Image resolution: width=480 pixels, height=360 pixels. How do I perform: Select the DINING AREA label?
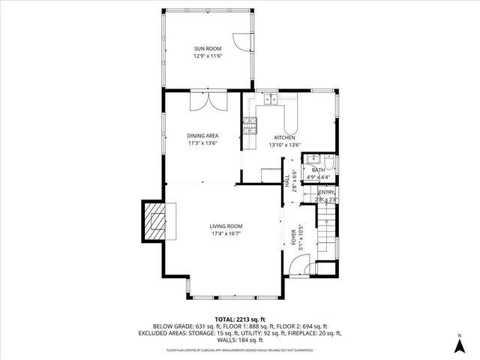click(202, 136)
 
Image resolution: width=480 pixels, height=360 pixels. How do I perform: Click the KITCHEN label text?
click(284, 138)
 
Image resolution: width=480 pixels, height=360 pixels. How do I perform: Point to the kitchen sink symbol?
click(268, 98)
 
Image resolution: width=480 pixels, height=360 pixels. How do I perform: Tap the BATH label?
click(319, 170)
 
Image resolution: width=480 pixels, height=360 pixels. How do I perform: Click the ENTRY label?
click(325, 193)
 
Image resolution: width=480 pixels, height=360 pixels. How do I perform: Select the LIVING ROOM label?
click(226, 226)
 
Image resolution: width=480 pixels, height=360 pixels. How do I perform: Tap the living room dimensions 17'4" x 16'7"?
click(226, 233)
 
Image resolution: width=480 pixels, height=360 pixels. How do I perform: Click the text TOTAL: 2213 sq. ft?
click(240, 319)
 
